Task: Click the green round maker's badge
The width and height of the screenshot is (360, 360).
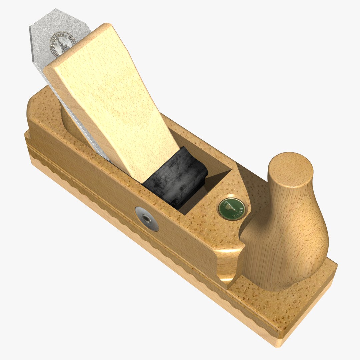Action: coord(231,209)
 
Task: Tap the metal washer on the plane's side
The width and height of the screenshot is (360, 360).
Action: coord(147,219)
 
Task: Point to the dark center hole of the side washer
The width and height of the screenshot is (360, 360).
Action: coord(146,219)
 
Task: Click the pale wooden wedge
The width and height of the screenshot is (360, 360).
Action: coord(113,100)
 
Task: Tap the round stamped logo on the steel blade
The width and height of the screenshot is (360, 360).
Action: coord(62,44)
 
